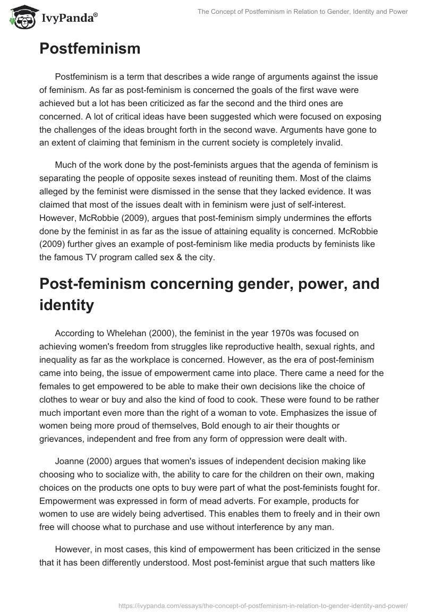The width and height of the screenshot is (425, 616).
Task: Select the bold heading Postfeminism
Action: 90,49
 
